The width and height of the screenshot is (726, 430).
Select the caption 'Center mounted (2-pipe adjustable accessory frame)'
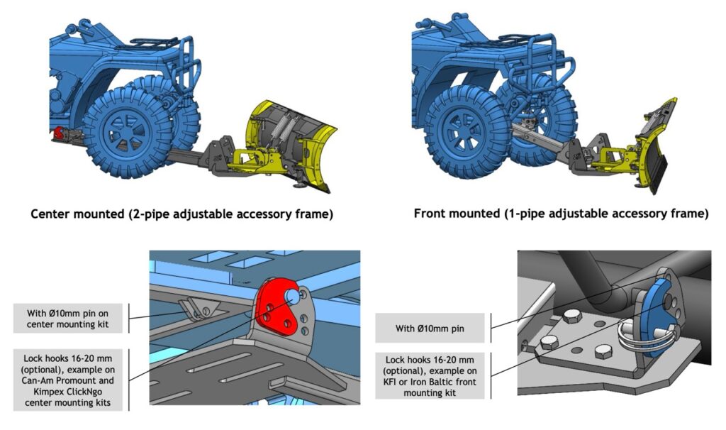182,214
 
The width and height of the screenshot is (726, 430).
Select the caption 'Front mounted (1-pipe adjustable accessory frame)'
562,214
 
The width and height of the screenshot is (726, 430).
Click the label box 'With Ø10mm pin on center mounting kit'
67,319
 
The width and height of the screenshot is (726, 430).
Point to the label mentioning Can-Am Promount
67,380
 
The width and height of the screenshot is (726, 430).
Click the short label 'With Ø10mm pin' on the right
430,329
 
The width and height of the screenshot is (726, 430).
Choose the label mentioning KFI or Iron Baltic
430,376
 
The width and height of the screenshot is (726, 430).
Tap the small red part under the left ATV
59,133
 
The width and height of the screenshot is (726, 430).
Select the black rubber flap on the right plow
658,173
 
